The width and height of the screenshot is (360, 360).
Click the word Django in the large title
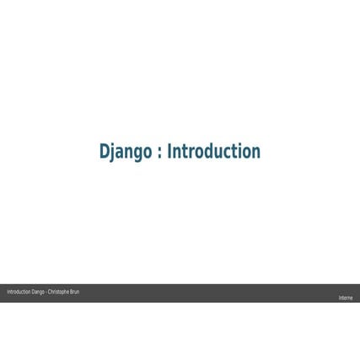tap(125, 153)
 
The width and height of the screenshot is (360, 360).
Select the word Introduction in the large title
tap(213, 152)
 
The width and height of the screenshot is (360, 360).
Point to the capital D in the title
tap(105, 152)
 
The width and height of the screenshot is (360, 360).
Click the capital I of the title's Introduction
tap(169, 152)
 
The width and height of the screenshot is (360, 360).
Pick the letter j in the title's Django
tap(113, 153)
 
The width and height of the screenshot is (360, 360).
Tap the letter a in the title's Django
tap(120, 153)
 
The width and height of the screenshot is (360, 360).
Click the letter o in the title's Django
tap(148, 153)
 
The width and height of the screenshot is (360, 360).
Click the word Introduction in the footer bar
tap(19, 292)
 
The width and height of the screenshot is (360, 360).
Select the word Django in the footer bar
tap(38, 292)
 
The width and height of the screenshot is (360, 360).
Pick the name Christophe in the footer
tap(59, 292)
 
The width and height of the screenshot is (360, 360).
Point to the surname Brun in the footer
tap(75, 292)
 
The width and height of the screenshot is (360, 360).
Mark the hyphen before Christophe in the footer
tap(46, 292)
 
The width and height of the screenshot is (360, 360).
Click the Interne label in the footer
tap(346, 298)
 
